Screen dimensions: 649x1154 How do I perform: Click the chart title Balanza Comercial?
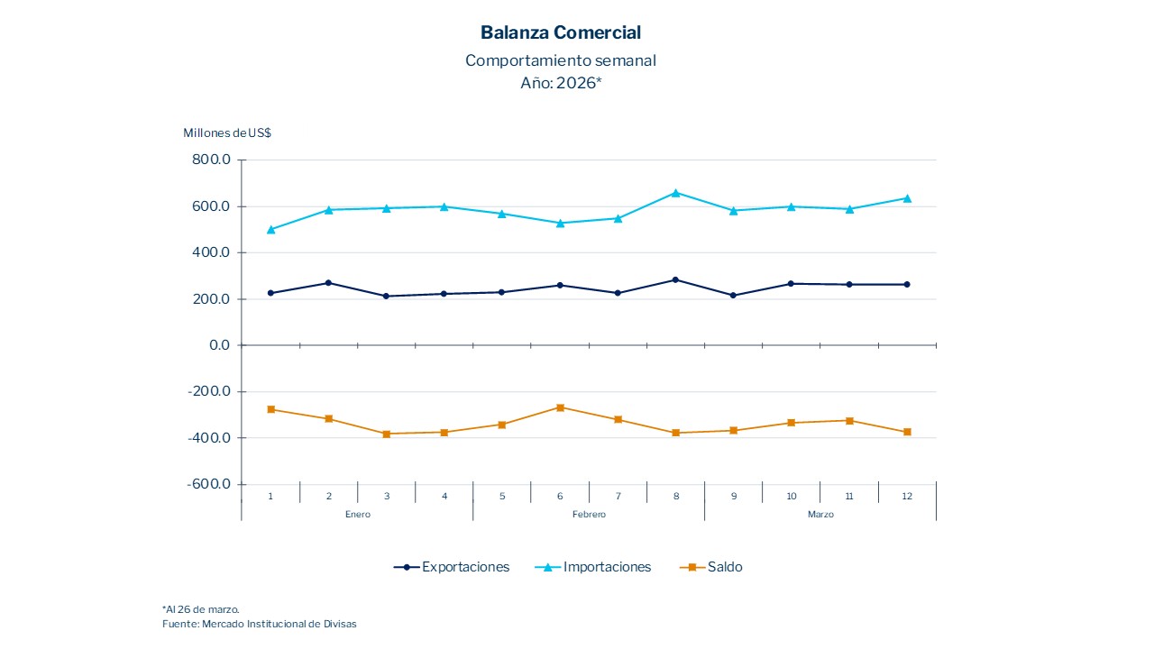pos(561,32)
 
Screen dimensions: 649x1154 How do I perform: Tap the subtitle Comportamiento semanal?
pos(561,60)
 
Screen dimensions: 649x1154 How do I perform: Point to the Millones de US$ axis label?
pos(227,133)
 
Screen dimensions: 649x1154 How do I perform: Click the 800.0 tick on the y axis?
pos(213,160)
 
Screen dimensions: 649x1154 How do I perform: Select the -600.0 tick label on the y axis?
pos(210,484)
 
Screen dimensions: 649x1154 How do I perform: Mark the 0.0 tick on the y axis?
pos(221,345)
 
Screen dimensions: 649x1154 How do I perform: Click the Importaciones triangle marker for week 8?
pos(675,192)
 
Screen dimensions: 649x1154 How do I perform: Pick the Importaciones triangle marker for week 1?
pos(270,229)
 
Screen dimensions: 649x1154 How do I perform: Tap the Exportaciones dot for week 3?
pos(387,296)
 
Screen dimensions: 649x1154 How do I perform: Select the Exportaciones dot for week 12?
pos(907,284)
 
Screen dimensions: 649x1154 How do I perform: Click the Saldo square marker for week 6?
pos(560,407)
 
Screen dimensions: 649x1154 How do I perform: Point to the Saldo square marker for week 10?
pos(792,423)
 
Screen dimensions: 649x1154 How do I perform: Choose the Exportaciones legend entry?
pos(452,567)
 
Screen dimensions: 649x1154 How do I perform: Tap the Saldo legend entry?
pos(713,567)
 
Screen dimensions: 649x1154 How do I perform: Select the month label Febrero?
pos(589,515)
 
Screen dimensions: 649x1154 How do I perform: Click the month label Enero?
pos(357,515)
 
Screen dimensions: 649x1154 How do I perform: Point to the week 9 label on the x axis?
pos(734,496)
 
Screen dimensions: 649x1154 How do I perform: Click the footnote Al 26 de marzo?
pos(201,609)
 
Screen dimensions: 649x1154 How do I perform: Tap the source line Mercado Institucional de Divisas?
pos(260,624)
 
